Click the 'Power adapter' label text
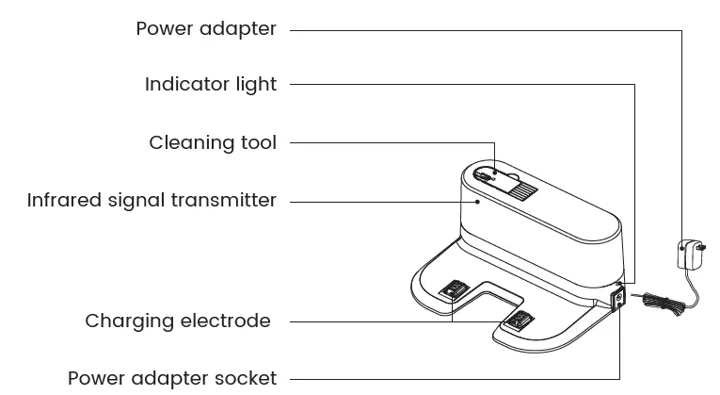[x=206, y=28]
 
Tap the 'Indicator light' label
[x=211, y=85]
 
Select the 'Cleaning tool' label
[x=213, y=143]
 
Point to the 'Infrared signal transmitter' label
[x=152, y=201]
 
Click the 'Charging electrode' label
[x=178, y=321]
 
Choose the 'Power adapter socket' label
[x=172, y=379]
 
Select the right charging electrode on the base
[x=517, y=321]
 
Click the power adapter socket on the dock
[x=617, y=300]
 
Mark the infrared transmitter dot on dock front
[x=478, y=200]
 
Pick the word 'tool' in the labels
[x=260, y=143]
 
